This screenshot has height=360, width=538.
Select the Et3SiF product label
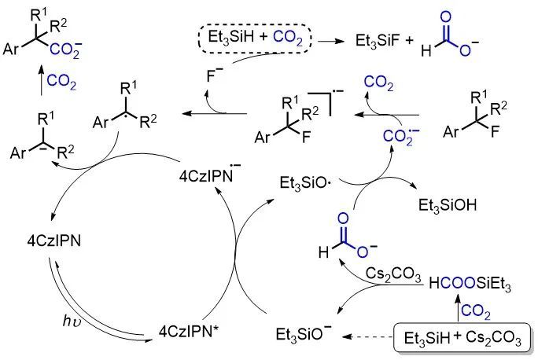[x=375, y=38]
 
